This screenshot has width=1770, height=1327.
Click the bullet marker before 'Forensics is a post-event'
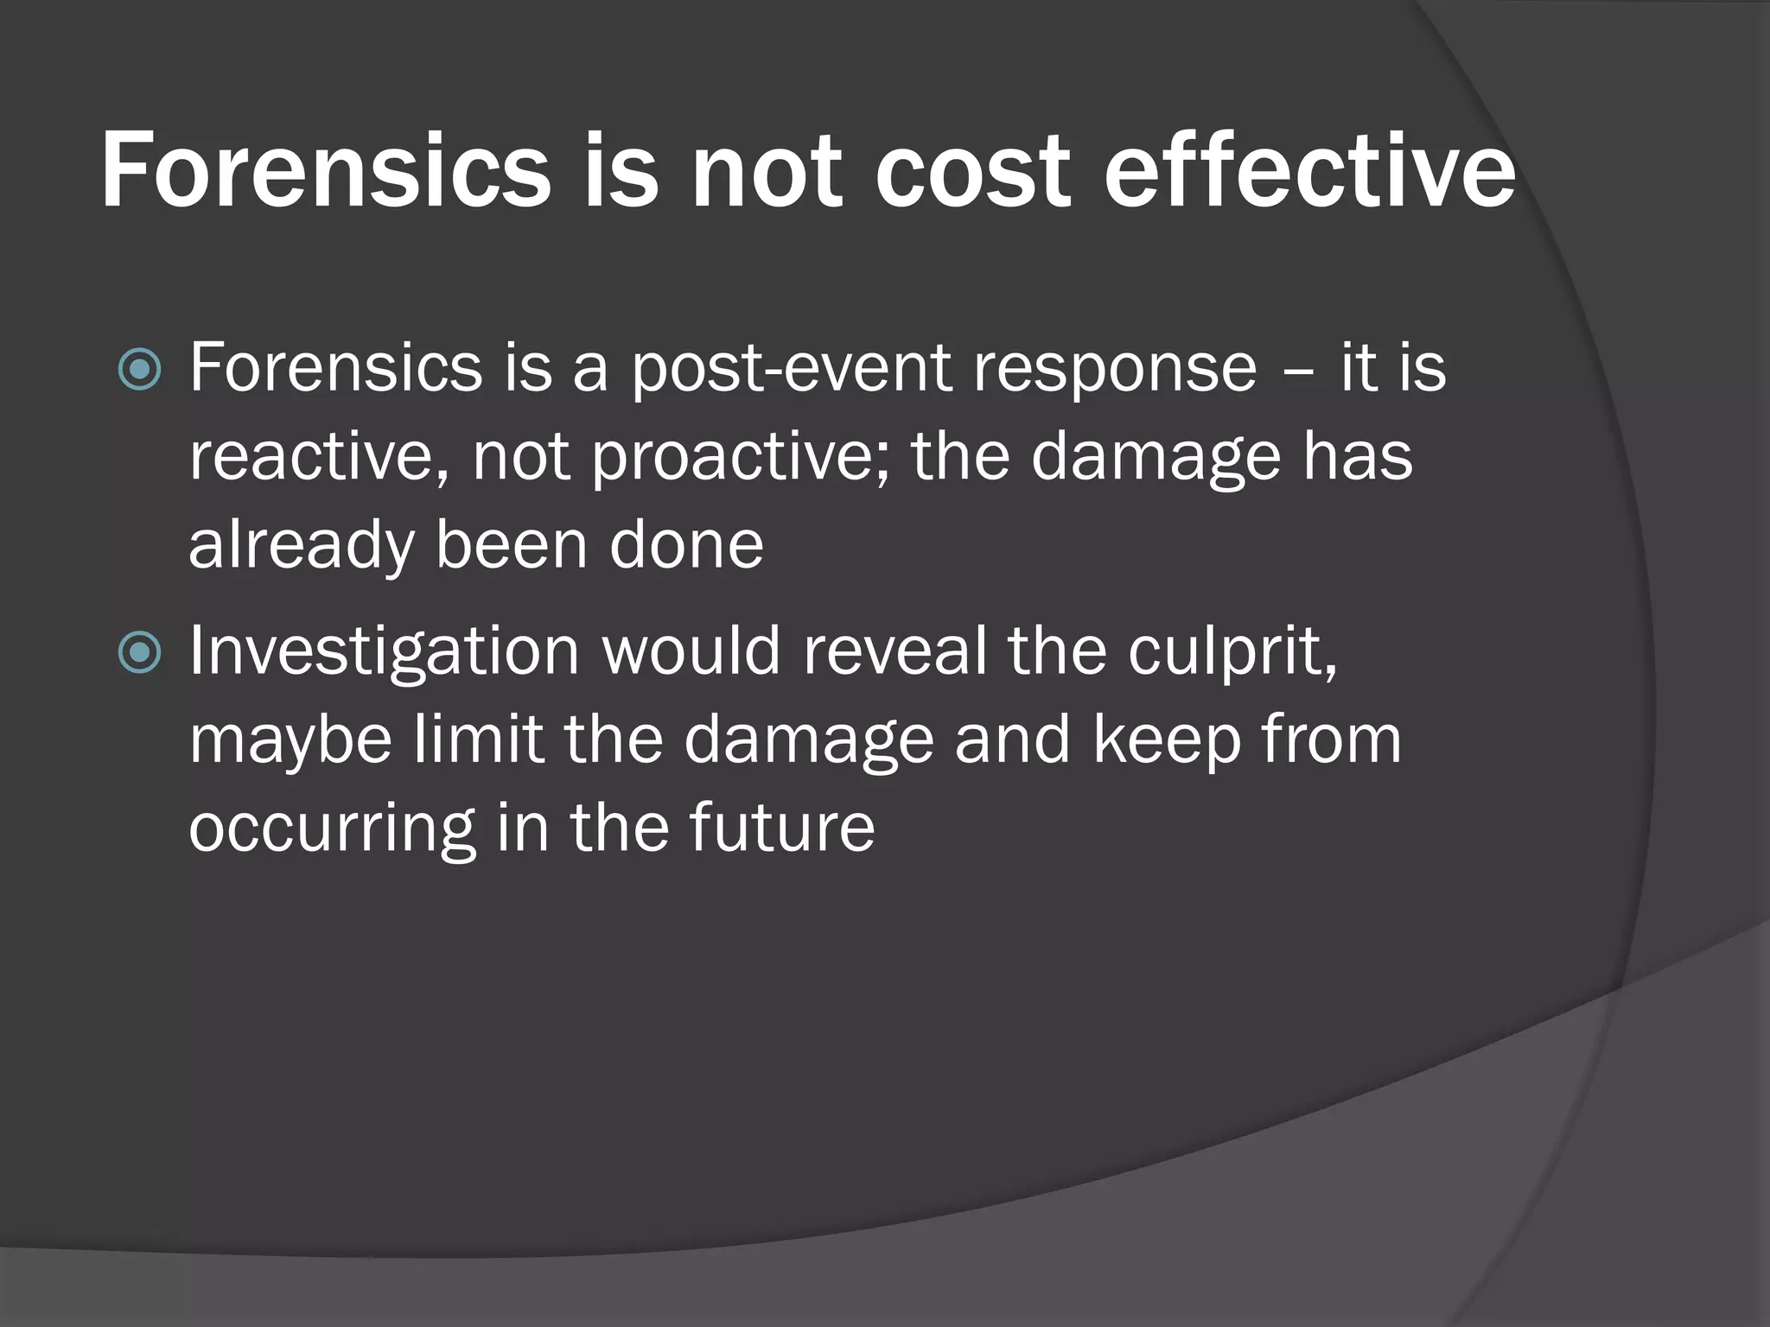coord(139,370)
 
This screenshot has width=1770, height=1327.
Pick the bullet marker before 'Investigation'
coord(139,652)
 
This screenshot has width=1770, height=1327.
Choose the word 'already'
coord(302,547)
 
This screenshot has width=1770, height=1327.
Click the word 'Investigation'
coord(384,652)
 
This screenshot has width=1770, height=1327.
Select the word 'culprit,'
coord(1232,652)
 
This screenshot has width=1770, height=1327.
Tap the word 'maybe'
coord(290,741)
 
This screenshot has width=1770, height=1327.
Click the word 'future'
coord(781,828)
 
